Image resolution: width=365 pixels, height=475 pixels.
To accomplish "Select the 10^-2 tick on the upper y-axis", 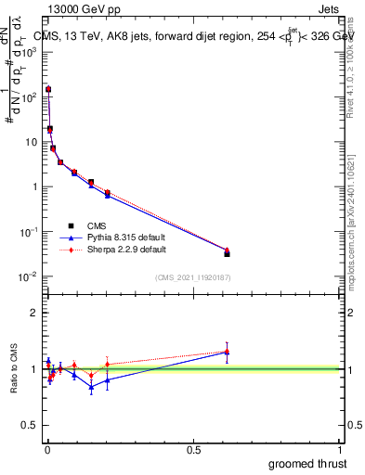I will pyautogui.click(x=29, y=276).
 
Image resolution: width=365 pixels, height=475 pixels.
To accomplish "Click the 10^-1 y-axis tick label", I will pyautogui.click(x=29, y=232).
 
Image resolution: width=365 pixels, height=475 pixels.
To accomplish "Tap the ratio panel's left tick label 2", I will pyautogui.click(x=34, y=313).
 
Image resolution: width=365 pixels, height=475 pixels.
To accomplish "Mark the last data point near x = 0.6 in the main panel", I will pyautogui.click(x=227, y=252).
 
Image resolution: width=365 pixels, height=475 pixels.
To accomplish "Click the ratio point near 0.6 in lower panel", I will pyautogui.click(x=227, y=352).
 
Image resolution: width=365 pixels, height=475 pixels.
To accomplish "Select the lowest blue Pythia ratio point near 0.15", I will pyautogui.click(x=91, y=387).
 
